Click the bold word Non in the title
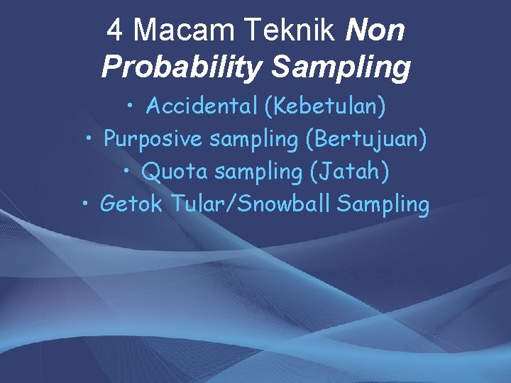tap(377, 31)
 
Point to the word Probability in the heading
tap(182, 68)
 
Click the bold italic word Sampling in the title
tap(341, 68)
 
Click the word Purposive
tap(153, 140)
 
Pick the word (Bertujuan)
tap(366, 140)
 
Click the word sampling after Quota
tap(255, 172)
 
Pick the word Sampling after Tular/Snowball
tap(384, 205)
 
